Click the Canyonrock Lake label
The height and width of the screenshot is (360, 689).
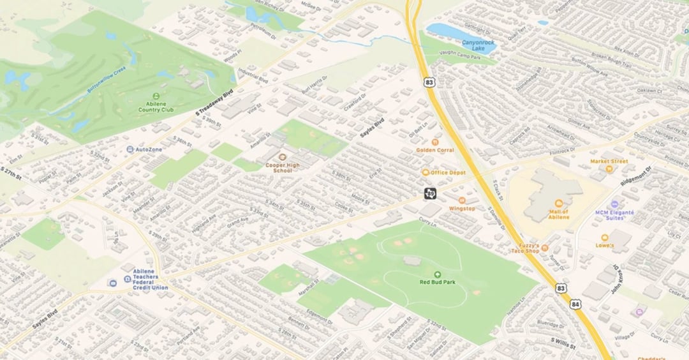pyautogui.click(x=478, y=45)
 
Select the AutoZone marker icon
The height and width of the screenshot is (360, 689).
pyautogui.click(x=130, y=149)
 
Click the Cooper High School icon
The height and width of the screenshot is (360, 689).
pyautogui.click(x=283, y=156)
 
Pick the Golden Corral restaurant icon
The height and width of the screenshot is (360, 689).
pyautogui.click(x=435, y=142)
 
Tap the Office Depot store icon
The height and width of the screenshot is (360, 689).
pyautogui.click(x=426, y=172)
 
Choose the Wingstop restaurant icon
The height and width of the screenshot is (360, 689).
pyautogui.click(x=462, y=200)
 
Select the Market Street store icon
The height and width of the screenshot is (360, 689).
pyautogui.click(x=609, y=169)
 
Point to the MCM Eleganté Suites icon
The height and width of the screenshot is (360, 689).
pyautogui.click(x=614, y=204)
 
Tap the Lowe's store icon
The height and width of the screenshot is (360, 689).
pyautogui.click(x=604, y=237)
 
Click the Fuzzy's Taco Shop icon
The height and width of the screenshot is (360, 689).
pyautogui.click(x=545, y=248)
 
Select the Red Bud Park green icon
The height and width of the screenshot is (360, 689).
pyautogui.click(x=437, y=274)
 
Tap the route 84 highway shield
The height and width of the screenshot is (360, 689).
pyautogui.click(x=575, y=305)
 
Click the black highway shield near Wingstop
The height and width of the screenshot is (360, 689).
pyautogui.click(x=431, y=192)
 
